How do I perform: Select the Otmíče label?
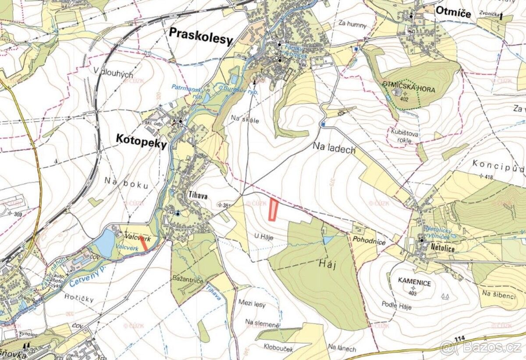point(453,13)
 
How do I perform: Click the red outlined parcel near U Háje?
point(273,209)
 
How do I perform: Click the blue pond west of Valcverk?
point(105,243)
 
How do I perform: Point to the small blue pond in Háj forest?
point(327,240)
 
